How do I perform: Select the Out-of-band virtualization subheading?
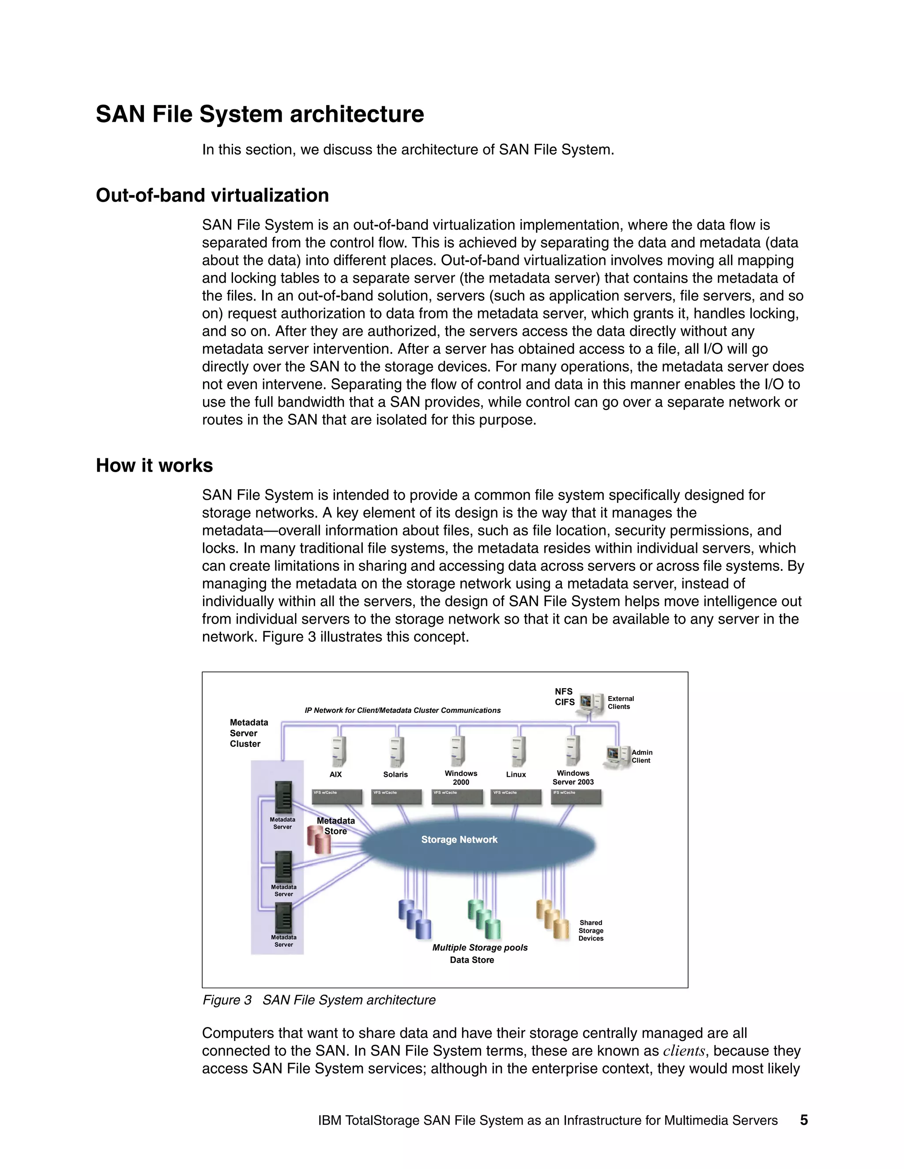point(212,195)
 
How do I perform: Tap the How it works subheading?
point(154,466)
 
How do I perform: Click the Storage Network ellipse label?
point(459,839)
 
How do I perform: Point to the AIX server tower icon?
point(338,752)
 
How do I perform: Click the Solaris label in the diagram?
point(395,775)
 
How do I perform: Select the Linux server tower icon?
point(517,752)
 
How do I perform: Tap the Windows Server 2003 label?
point(573,778)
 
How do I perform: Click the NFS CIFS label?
point(565,697)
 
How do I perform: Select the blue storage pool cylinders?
point(415,919)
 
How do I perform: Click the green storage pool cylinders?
point(484,919)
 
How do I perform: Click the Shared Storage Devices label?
point(591,930)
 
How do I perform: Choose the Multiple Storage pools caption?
point(480,948)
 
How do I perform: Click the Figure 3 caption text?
point(319,1000)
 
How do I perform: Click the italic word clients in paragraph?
point(684,1051)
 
